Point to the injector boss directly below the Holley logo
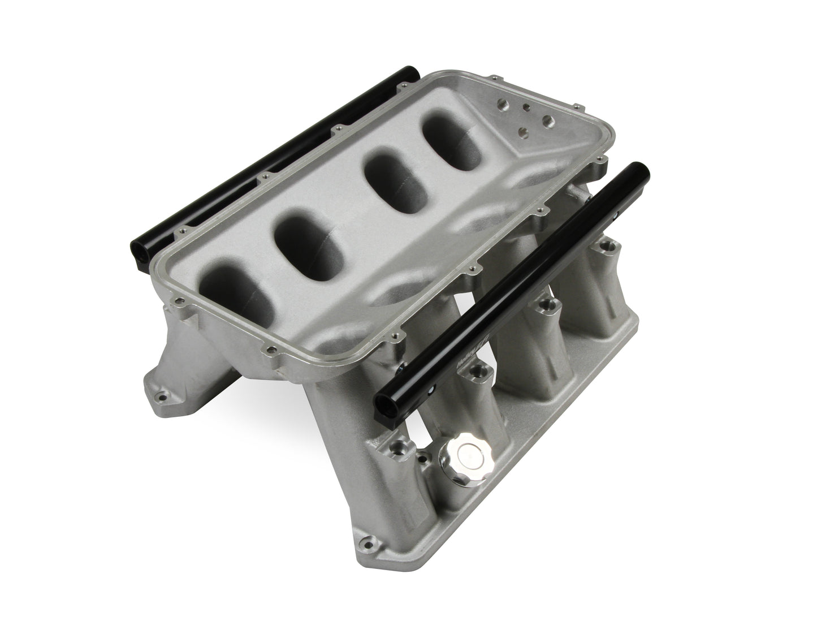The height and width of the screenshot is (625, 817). click(477, 372)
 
